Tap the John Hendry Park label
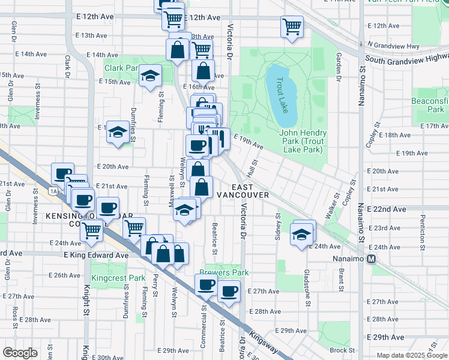[303, 137]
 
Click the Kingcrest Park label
[119, 278]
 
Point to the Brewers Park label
[228, 272]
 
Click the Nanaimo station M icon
[371, 259]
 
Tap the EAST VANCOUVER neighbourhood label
[243, 191]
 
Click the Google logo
[20, 352]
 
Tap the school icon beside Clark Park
[150, 76]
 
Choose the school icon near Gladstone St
[301, 234]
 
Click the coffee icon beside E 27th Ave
[228, 292]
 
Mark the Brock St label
[342, 350]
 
